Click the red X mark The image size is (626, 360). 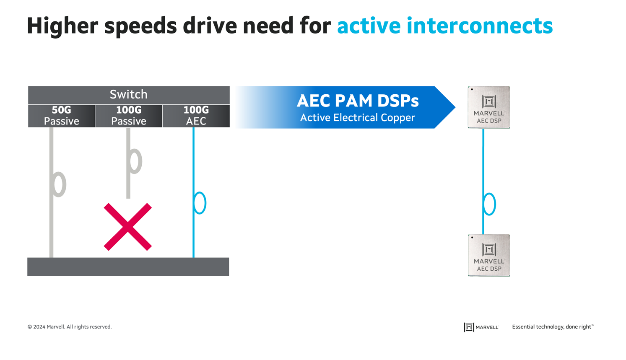coord(128,227)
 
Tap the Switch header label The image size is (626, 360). coord(128,95)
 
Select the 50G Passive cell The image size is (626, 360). coord(61,116)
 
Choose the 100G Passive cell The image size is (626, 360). coord(128,116)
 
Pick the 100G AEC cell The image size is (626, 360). coord(196,116)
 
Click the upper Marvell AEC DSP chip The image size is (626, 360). coord(489,107)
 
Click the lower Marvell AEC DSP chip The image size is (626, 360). coord(489,255)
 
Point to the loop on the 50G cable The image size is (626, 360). coord(60,184)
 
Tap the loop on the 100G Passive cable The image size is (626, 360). coord(135,161)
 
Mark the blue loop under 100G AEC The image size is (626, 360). coord(200,203)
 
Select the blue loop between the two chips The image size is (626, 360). coord(489,204)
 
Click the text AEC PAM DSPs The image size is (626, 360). coord(357,101)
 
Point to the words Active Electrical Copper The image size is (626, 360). coord(357,118)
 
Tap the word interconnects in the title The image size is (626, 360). coord(479,26)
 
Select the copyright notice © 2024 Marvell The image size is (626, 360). coord(70,327)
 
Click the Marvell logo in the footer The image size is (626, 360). coord(481,327)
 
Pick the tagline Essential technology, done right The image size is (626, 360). coord(553,327)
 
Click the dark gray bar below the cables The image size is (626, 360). coord(128,267)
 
